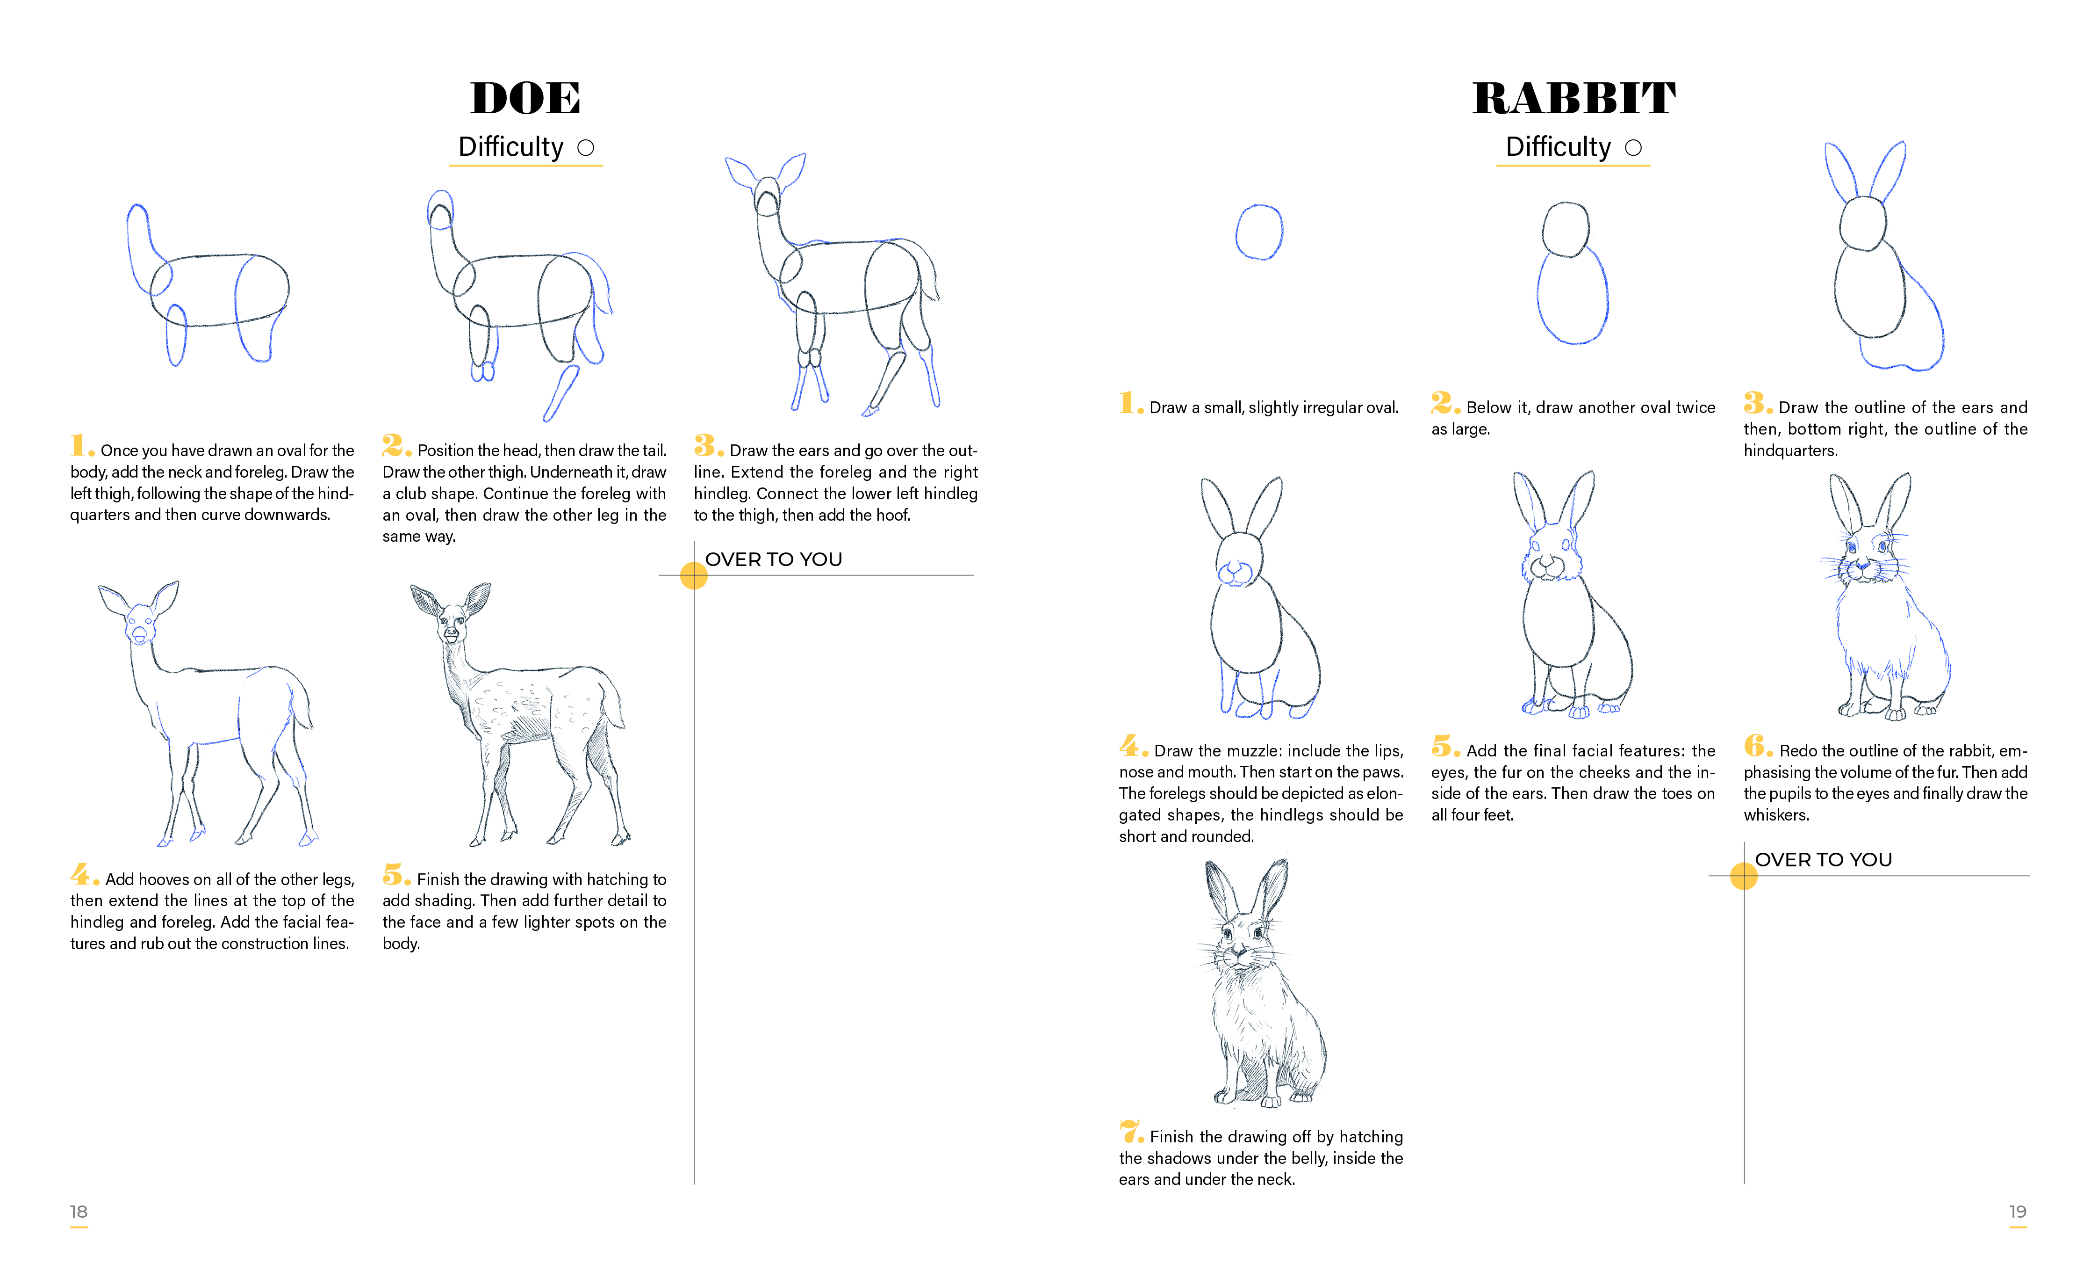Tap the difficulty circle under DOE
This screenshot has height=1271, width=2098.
586,148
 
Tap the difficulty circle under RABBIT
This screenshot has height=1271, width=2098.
1633,148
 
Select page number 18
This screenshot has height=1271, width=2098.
79,1212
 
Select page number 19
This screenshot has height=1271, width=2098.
2018,1212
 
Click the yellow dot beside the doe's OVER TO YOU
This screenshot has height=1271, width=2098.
694,576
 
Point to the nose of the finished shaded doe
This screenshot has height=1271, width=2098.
451,634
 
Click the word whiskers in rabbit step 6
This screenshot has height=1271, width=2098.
1776,815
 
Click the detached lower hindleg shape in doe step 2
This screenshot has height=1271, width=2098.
561,393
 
